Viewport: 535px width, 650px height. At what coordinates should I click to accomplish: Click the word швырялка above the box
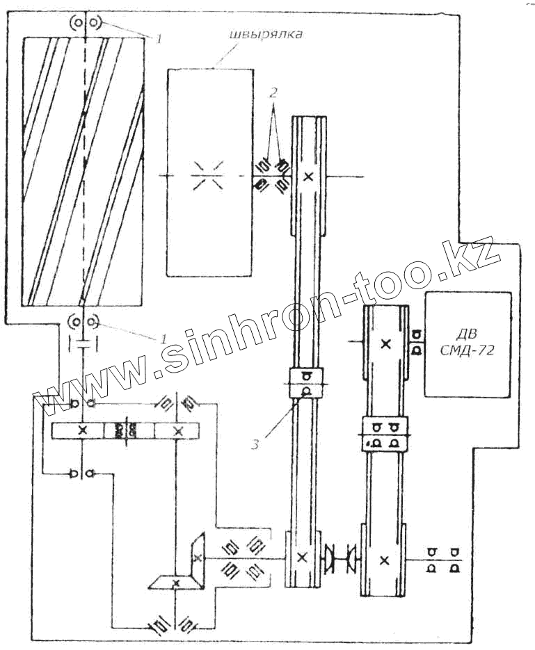[266, 35]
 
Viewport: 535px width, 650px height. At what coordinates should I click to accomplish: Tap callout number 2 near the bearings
[275, 91]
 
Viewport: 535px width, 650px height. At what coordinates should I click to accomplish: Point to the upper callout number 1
[159, 39]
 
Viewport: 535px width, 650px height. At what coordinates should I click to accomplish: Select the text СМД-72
[468, 352]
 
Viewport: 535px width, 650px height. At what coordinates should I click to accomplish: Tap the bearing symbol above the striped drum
[84, 23]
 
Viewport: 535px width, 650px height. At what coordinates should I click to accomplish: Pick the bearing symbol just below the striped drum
[83, 323]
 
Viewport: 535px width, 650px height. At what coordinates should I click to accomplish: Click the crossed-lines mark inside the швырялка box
[207, 175]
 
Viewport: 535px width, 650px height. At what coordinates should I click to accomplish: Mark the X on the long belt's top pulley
[309, 177]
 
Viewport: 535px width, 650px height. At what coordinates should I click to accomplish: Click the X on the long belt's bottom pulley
[301, 556]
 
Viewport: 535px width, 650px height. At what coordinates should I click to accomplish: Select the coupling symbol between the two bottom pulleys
[340, 558]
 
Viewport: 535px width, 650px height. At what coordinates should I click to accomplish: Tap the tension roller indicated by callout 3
[305, 384]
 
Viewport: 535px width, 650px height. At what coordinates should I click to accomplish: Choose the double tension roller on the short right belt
[385, 433]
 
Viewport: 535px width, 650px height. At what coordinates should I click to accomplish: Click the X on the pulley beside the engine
[385, 343]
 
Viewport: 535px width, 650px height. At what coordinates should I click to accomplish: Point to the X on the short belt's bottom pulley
[385, 558]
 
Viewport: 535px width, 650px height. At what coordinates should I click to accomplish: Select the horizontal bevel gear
[175, 581]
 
